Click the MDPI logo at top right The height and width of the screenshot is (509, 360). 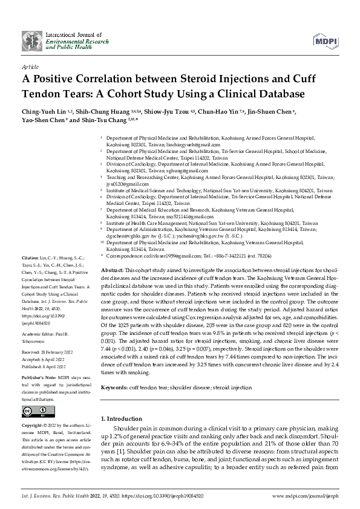click(325, 40)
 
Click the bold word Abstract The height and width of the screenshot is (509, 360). click(113, 269)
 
